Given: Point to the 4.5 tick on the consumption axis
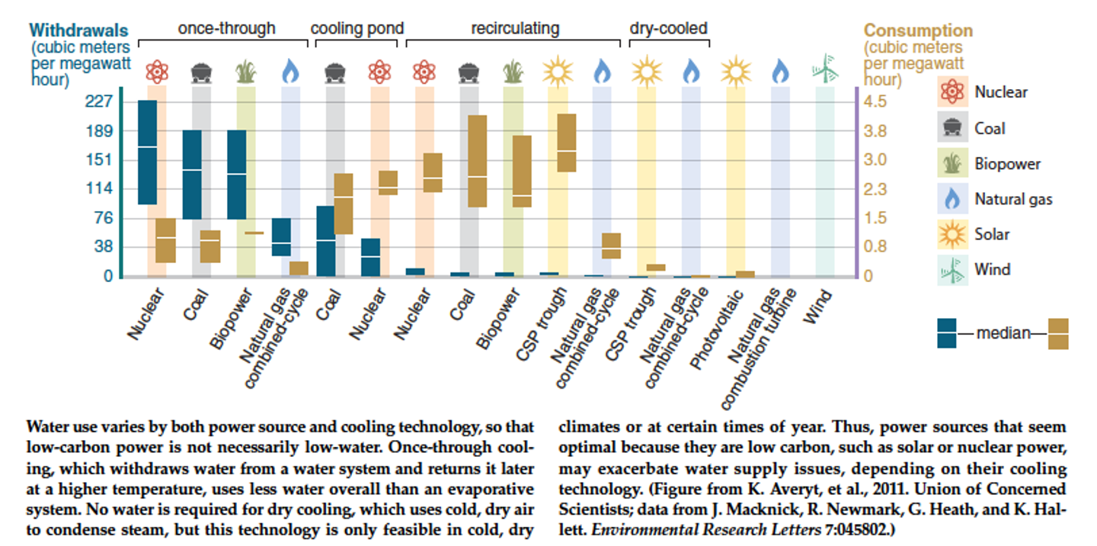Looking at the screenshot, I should click(875, 101).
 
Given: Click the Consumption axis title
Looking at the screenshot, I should click(918, 31).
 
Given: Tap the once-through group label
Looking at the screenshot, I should click(226, 28).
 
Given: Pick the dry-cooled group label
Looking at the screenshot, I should click(668, 28).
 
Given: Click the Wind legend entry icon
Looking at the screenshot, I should click(952, 269).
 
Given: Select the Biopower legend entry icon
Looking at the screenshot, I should click(952, 164).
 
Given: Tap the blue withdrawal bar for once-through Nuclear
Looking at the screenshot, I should click(147, 153).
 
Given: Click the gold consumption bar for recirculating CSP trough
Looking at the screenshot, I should click(566, 143).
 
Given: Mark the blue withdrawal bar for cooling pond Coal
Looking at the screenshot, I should click(325, 241).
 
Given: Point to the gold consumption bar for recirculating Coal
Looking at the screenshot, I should click(477, 161).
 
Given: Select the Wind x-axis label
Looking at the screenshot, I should click(817, 305).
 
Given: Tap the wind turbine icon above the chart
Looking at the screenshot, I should click(826, 70).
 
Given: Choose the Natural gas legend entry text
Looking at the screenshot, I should click(1013, 200).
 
